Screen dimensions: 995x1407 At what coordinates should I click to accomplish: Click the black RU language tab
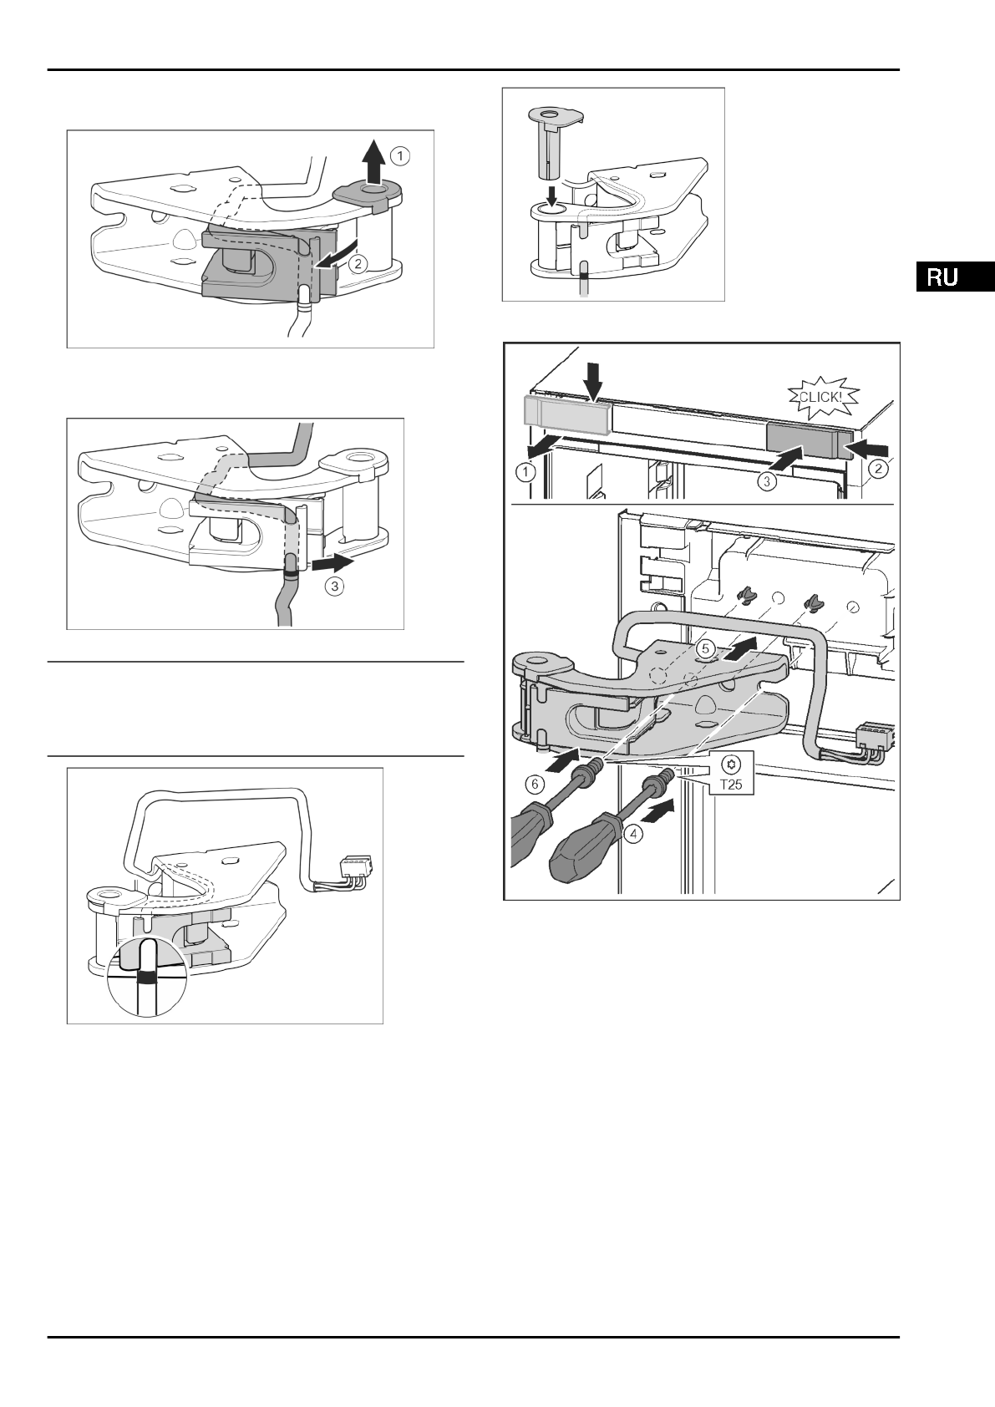(x=954, y=277)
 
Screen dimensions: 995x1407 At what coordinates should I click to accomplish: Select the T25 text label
(x=732, y=785)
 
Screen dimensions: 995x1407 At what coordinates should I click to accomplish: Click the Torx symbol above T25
(x=732, y=764)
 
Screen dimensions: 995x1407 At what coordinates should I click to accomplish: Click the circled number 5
(x=705, y=648)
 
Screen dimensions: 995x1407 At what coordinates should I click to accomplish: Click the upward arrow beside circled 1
(x=375, y=162)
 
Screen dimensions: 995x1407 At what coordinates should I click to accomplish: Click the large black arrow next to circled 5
(x=742, y=648)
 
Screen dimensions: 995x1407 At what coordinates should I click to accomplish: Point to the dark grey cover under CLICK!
(x=800, y=440)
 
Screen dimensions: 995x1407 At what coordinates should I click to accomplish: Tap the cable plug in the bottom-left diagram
(x=354, y=866)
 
